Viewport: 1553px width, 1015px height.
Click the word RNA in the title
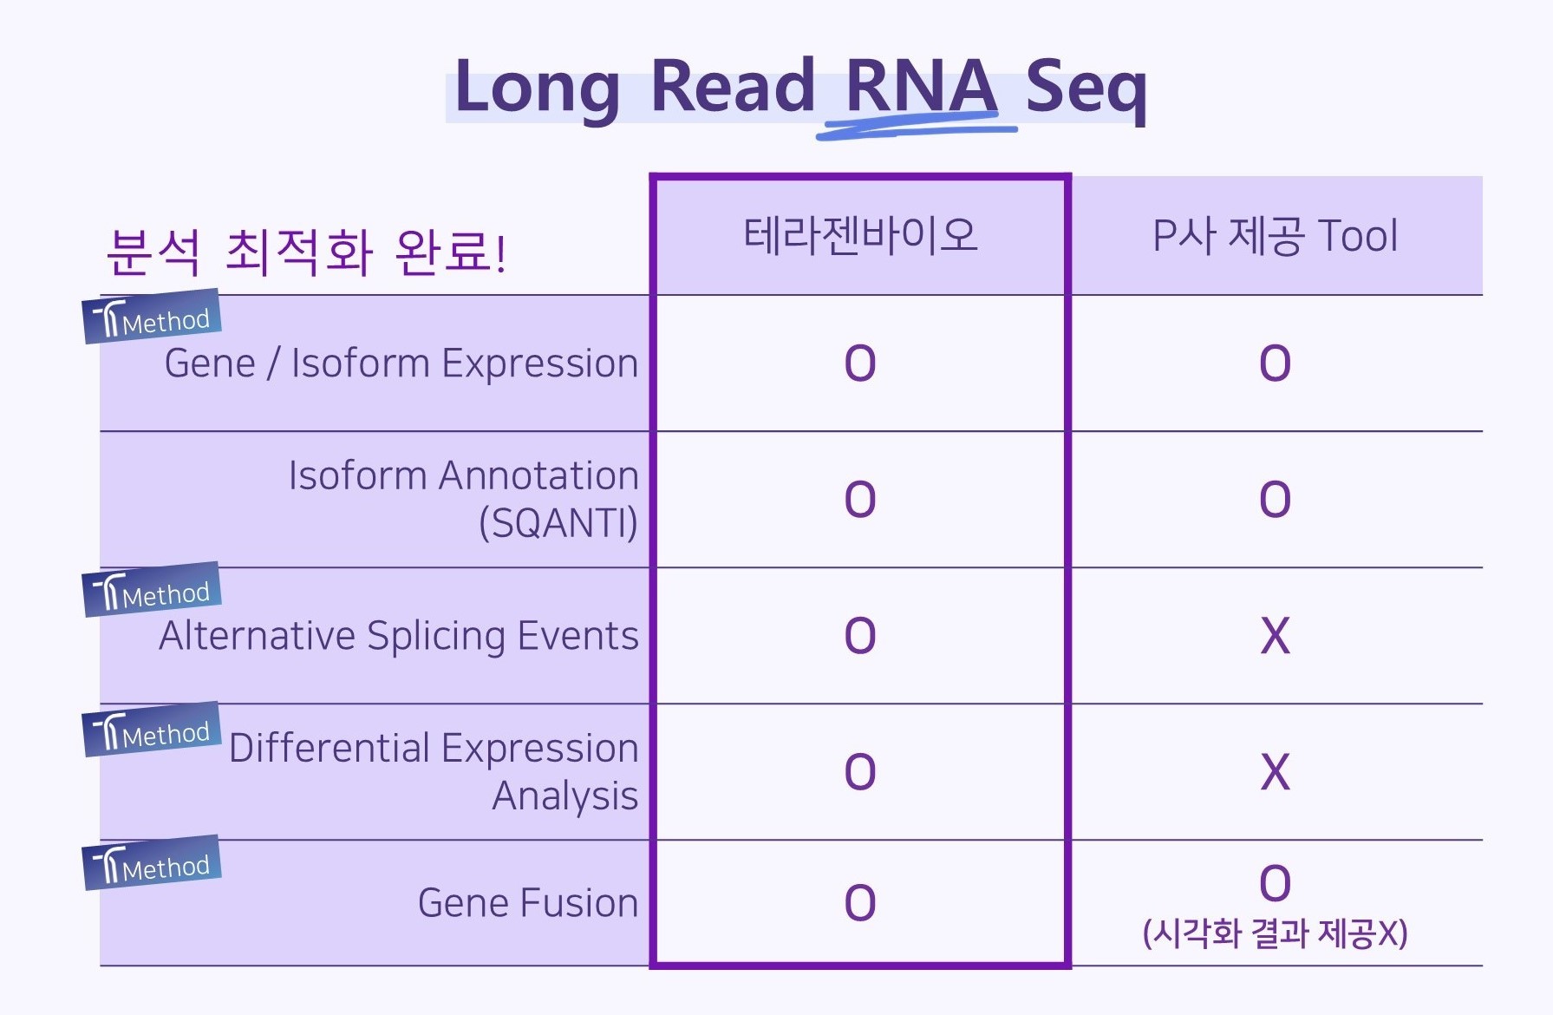921,86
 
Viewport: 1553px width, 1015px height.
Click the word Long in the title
537,88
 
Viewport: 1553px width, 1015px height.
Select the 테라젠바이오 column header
861,235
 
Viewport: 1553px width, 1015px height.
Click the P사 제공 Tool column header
1276,236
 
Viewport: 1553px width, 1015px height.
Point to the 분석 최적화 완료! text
306,252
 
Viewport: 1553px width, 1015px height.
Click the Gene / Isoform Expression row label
401,363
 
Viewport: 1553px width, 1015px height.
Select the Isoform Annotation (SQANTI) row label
464,499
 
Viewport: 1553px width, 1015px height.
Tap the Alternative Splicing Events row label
399,636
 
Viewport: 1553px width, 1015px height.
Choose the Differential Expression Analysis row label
434,771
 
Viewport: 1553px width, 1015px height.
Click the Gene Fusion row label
528,903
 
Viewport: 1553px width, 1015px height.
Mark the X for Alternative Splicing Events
1276,636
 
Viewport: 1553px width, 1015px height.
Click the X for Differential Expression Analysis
1276,772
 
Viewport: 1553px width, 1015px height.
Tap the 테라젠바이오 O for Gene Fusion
860,903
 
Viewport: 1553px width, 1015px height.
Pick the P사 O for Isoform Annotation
1276,500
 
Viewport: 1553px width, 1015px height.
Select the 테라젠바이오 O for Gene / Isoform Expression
860,363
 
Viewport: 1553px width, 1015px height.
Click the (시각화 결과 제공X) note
1276,933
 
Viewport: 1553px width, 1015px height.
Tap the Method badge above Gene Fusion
152,863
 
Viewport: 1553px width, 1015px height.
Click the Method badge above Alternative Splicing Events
152,590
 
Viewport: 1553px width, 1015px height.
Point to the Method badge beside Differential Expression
152,730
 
